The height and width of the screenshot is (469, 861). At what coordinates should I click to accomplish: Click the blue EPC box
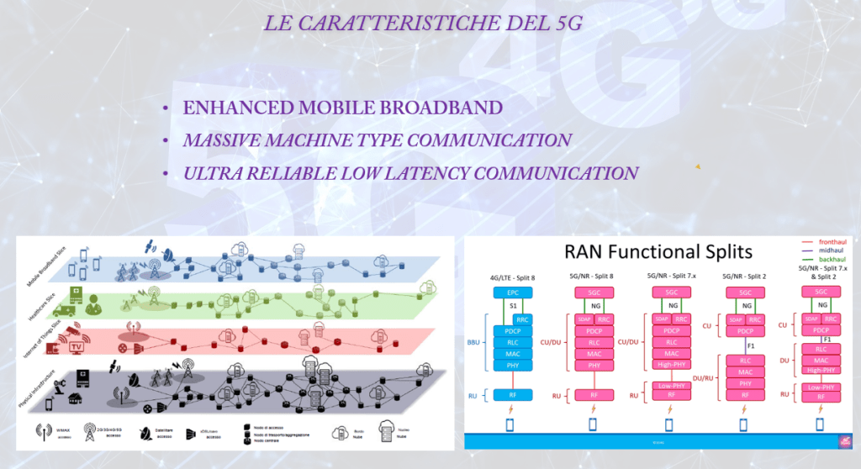coord(512,292)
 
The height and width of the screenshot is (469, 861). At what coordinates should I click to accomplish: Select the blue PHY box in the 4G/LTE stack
coord(512,366)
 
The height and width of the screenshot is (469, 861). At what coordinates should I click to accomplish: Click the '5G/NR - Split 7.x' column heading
coord(669,275)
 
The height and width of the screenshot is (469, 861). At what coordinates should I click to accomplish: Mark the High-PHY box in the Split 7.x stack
coord(669,366)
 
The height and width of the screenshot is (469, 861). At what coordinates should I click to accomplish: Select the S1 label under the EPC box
coord(512,306)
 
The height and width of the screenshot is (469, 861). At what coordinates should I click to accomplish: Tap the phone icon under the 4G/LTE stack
coord(512,425)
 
